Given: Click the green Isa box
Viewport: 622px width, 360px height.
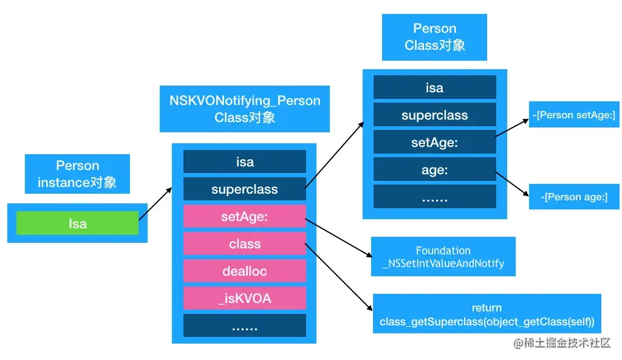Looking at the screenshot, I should pyautogui.click(x=77, y=223).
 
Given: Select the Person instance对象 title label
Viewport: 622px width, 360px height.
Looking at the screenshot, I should pyautogui.click(x=77, y=174).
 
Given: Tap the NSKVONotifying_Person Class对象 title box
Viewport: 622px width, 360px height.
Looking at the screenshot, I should pyautogui.click(x=245, y=109).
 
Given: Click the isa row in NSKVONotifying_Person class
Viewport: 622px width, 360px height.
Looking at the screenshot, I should pyautogui.click(x=245, y=162).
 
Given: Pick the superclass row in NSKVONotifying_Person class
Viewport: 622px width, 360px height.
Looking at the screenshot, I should pyautogui.click(x=245, y=189).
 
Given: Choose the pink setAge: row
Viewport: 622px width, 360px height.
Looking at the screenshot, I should pyautogui.click(x=245, y=217).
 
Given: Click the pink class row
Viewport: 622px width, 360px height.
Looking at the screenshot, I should pyautogui.click(x=245, y=244).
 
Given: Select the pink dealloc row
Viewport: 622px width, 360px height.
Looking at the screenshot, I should pyautogui.click(x=245, y=271).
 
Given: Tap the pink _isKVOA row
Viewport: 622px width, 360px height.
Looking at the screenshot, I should pyautogui.click(x=245, y=298).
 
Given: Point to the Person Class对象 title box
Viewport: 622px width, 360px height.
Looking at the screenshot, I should pyautogui.click(x=434, y=37).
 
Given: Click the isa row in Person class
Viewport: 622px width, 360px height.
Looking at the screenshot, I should pyautogui.click(x=434, y=87).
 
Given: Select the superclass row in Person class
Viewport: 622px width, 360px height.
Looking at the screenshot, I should pyautogui.click(x=434, y=115).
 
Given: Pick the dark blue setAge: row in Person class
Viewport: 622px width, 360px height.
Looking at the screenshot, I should pyautogui.click(x=434, y=143).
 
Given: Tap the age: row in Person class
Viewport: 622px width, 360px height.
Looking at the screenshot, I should pyautogui.click(x=434, y=170).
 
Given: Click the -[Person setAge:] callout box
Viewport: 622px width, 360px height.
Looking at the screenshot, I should pyautogui.click(x=574, y=115).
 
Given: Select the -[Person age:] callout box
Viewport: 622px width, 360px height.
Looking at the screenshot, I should pyautogui.click(x=574, y=197).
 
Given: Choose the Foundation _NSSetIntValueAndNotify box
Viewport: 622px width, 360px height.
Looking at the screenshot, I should pyautogui.click(x=443, y=257).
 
